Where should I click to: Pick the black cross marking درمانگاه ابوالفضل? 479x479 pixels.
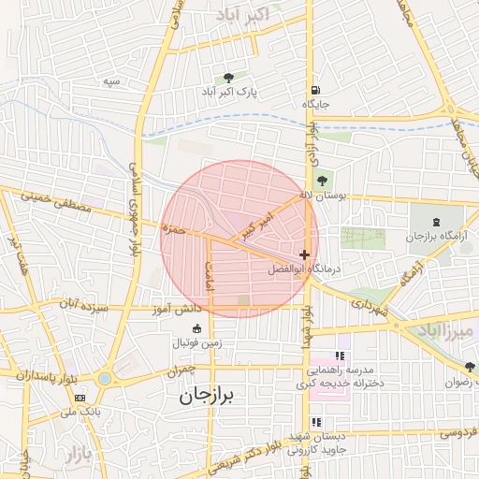tap(304, 254)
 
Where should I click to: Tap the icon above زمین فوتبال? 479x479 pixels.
tap(197, 328)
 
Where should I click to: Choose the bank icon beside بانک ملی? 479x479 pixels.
tap(80, 398)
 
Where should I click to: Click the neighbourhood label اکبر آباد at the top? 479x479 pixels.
tap(242, 15)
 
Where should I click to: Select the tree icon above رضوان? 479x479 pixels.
tap(471, 367)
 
